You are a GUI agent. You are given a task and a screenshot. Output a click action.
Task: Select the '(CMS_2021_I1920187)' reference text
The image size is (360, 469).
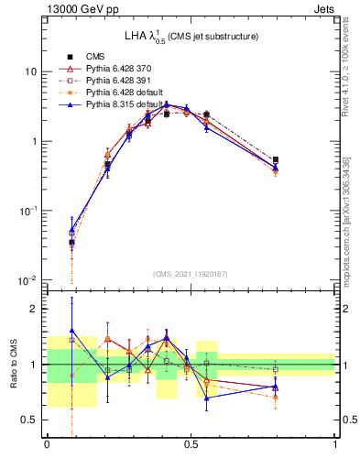click(191, 275)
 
